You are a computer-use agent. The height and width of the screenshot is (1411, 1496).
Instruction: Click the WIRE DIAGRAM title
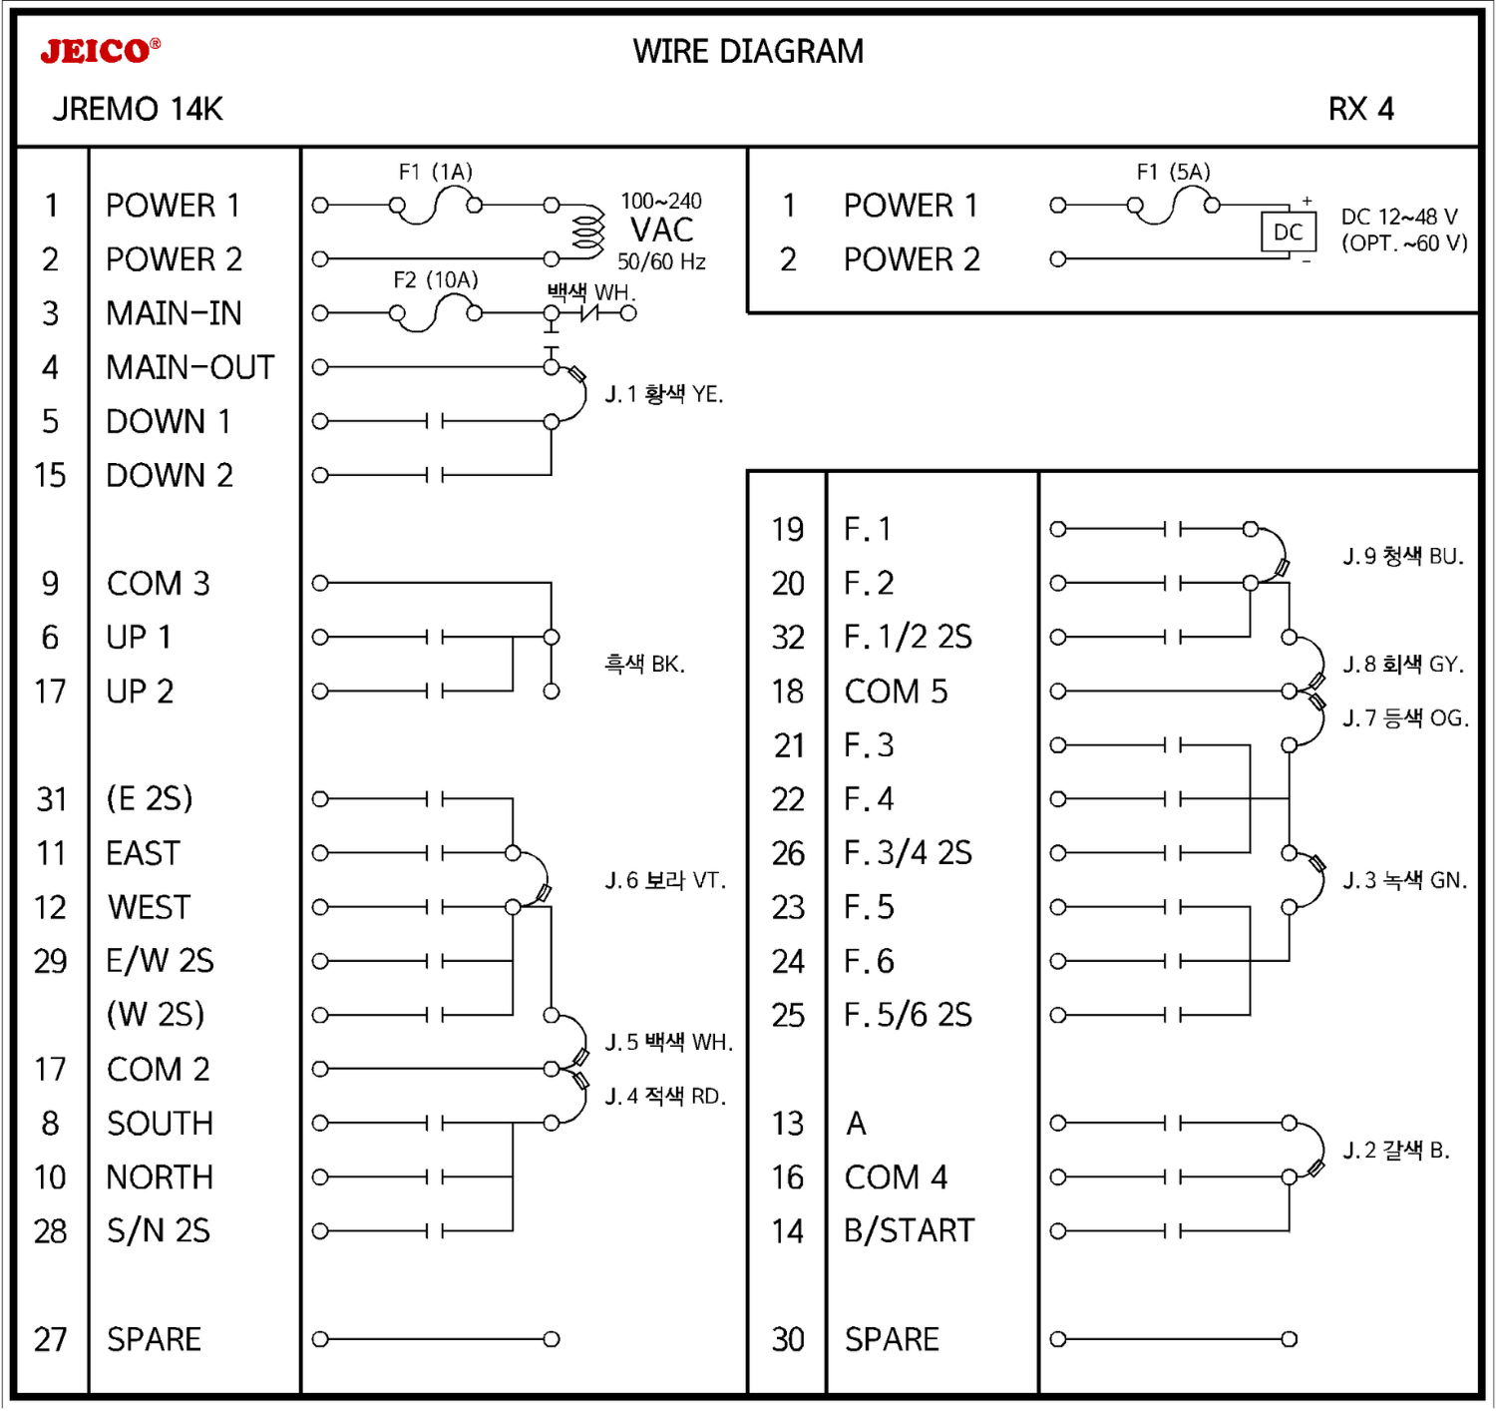click(x=748, y=52)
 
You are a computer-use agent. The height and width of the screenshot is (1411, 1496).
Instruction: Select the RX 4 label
click(x=1360, y=109)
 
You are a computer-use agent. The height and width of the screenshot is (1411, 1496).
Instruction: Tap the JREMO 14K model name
click(x=138, y=109)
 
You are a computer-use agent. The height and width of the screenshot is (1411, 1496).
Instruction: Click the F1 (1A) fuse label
click(x=435, y=172)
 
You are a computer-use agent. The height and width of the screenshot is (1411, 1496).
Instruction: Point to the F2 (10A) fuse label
click(x=435, y=279)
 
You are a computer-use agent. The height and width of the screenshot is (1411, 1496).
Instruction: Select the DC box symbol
click(x=1288, y=233)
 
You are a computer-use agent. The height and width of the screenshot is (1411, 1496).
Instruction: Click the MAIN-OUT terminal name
click(x=189, y=367)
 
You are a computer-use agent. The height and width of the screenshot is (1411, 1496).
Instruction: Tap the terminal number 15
click(x=50, y=475)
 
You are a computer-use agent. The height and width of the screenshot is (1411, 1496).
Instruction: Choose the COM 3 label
click(x=158, y=584)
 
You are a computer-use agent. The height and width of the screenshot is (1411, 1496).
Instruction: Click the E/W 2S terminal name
click(x=160, y=961)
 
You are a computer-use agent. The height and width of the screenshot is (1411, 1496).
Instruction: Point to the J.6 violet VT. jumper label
click(x=665, y=880)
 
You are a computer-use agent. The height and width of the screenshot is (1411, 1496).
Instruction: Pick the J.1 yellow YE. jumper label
click(x=663, y=394)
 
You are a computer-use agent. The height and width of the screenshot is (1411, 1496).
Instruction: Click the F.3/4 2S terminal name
click(x=908, y=853)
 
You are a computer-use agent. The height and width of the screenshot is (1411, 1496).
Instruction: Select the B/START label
click(x=909, y=1230)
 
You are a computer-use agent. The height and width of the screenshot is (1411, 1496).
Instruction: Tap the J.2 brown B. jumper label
click(x=1395, y=1150)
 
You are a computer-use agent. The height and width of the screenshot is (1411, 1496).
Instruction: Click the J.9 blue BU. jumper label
click(x=1402, y=556)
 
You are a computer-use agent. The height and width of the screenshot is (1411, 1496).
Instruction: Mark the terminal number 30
click(x=787, y=1339)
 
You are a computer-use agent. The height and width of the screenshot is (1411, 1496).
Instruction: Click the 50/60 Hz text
click(x=661, y=261)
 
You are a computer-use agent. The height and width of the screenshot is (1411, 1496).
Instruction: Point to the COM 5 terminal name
click(x=896, y=692)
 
